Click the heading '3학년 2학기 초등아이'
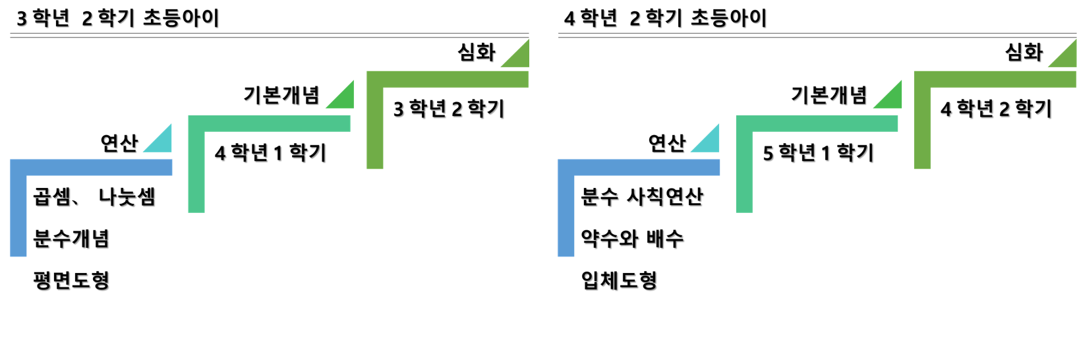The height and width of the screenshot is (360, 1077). point(117,18)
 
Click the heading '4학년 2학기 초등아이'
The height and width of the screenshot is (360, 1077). point(665,18)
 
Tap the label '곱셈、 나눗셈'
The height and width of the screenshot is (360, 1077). point(94,196)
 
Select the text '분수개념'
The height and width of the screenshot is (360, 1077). point(71,238)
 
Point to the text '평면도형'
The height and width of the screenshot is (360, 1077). point(71,280)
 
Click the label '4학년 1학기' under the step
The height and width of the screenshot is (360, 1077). point(270,153)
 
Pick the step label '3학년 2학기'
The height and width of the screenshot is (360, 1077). point(449,109)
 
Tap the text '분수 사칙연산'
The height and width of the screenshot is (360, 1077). point(642,196)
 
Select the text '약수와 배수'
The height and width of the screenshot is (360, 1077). point(632,238)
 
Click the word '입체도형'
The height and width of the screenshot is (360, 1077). point(619,280)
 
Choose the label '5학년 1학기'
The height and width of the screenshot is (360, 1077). point(818,153)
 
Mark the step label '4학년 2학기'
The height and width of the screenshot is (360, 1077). point(996,109)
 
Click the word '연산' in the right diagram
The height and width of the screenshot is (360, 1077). point(667,142)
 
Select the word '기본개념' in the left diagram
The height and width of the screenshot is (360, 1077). point(281,96)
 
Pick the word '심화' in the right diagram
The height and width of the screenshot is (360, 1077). point(1024,52)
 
